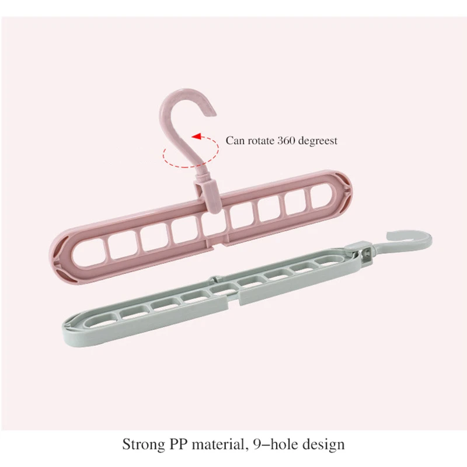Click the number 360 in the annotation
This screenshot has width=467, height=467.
coord(284,140)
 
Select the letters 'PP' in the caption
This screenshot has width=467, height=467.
coord(178,444)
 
